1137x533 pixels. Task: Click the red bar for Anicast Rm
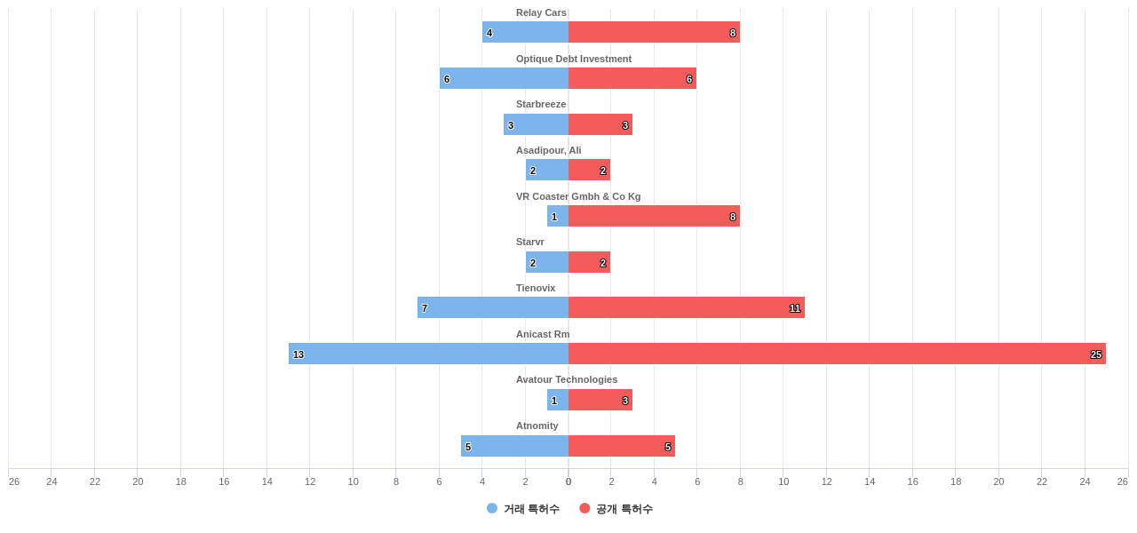coord(837,354)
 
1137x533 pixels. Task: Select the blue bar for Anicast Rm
coord(428,354)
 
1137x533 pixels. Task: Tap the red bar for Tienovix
coord(686,307)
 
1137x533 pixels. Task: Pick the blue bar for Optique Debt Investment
coord(504,78)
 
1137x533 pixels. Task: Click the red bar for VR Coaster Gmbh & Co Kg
coord(654,216)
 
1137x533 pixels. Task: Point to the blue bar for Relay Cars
coord(525,32)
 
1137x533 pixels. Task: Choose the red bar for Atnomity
coord(622,446)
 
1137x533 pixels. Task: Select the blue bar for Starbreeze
coord(536,124)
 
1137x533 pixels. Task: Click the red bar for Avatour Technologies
coord(600,400)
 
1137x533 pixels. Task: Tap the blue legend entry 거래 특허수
coord(523,509)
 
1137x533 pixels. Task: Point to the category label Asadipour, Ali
coord(548,150)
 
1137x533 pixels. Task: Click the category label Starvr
coord(529,242)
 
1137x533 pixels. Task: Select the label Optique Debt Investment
coord(573,59)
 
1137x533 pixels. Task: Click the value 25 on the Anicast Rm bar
coord(1096,354)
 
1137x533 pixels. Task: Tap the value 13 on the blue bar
coord(298,354)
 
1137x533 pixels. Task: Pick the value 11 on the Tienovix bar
coord(795,308)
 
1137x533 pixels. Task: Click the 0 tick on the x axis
coord(568,481)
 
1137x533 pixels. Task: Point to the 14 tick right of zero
coord(870,481)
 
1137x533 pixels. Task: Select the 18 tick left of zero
coord(181,481)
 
